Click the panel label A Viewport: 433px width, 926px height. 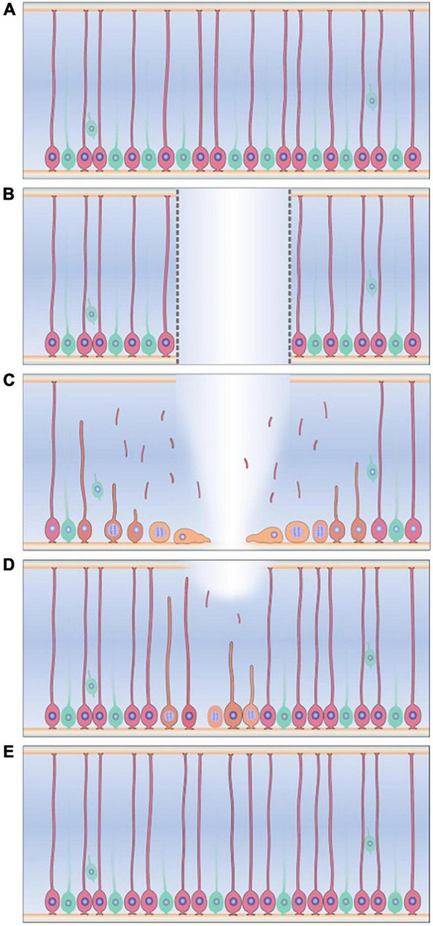(9, 9)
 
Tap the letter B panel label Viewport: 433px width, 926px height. (9, 195)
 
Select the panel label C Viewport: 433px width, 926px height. (9, 380)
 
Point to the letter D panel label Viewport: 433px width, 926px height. (9, 566)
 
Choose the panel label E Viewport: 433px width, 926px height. (8, 750)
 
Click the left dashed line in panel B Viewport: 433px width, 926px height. (178, 276)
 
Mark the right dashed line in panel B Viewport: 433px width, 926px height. (289, 276)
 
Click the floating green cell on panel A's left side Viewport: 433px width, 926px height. (91, 127)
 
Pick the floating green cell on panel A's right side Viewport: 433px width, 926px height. (372, 100)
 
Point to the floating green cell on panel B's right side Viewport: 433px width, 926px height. (372, 285)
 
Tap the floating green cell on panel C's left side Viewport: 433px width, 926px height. (97, 488)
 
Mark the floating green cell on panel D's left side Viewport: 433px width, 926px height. (91, 686)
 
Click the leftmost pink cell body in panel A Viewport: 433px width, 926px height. (52, 157)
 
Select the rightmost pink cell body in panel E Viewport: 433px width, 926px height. (412, 897)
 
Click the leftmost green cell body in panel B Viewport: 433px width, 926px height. (68, 343)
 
